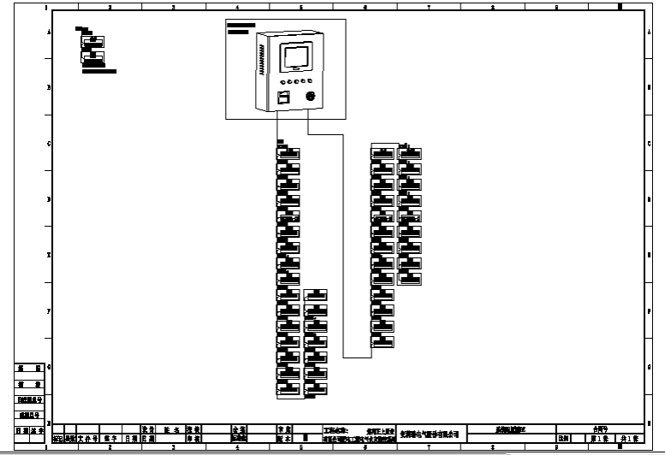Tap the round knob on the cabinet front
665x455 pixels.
(312, 95)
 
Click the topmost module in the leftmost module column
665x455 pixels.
(288, 152)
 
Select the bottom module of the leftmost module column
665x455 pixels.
(288, 391)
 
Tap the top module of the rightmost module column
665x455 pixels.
(410, 152)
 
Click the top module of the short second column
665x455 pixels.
(316, 296)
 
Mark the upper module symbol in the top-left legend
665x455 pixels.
(92, 40)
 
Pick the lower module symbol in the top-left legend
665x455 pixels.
(92, 59)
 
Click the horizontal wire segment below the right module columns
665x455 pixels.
(357, 357)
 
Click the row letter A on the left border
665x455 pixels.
(48, 32)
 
